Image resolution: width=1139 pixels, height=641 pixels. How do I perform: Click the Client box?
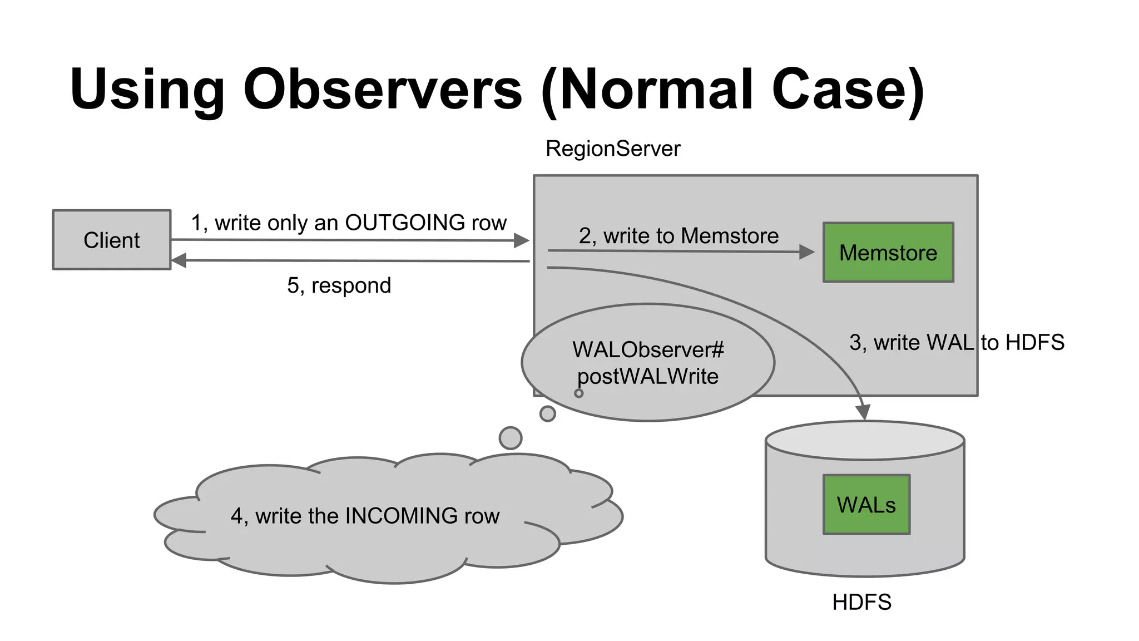[111, 240]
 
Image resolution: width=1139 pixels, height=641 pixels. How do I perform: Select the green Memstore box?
[888, 253]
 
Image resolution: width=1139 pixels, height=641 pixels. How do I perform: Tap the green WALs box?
[866, 505]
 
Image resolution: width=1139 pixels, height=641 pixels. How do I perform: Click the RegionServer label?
[612, 149]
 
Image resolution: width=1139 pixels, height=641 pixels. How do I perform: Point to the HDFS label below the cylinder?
[861, 602]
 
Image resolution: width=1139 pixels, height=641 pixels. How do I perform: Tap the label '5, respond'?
[339, 285]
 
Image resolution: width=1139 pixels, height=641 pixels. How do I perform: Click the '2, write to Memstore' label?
[678, 236]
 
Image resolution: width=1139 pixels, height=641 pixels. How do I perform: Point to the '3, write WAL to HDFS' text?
[957, 342]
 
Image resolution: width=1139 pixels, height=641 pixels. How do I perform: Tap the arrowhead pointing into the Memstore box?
[807, 252]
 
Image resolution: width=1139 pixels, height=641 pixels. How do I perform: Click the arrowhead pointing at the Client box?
[179, 260]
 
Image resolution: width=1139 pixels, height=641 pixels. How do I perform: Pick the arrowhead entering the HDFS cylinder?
[863, 412]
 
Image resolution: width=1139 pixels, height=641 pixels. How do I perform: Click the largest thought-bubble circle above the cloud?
[511, 438]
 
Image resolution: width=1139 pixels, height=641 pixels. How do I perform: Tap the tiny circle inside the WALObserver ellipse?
[579, 393]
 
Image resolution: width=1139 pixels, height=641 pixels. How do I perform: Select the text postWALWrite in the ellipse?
[647, 377]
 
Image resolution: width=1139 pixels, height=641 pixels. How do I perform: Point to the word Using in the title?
[147, 89]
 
